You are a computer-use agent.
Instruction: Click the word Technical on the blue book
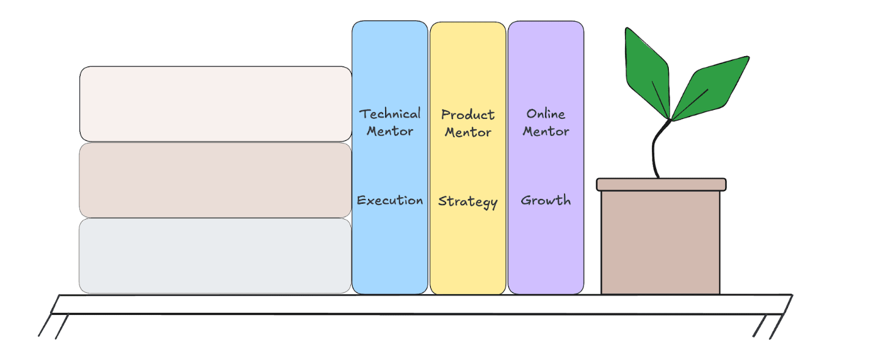point(390,114)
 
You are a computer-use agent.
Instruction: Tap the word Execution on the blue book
point(390,200)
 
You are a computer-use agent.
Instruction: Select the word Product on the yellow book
point(468,115)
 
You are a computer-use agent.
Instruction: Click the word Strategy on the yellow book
point(468,201)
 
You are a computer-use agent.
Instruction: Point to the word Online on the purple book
point(546,114)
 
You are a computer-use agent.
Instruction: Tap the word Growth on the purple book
point(546,200)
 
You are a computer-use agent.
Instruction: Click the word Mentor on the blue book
point(390,131)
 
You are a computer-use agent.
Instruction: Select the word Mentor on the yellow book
point(468,132)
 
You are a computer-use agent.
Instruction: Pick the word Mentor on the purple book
point(546,131)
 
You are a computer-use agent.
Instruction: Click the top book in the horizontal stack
point(215,104)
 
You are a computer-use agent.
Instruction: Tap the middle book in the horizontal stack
point(215,180)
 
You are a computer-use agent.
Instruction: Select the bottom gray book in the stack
point(215,256)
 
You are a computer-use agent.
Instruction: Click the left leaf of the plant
point(646,73)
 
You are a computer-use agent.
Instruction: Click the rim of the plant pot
point(661,184)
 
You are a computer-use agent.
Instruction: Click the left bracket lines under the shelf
point(54,326)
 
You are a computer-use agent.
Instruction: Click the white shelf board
point(421,304)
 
